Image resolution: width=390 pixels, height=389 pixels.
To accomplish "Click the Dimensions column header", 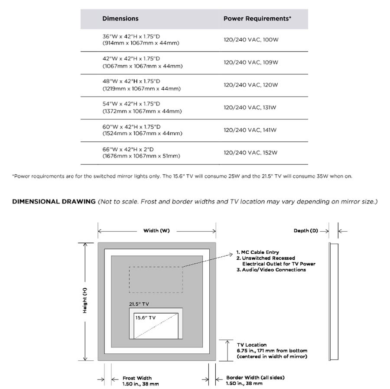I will click(x=120, y=19).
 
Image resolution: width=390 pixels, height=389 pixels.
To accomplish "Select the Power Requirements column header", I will click(x=257, y=19).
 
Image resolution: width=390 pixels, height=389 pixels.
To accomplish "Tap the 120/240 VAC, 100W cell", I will click(x=250, y=39).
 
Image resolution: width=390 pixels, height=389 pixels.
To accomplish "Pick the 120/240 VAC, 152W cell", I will click(x=250, y=153).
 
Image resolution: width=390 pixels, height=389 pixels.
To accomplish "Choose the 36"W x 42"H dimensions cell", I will click(x=140, y=40).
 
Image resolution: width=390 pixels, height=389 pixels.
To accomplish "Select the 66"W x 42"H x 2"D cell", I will click(x=141, y=153).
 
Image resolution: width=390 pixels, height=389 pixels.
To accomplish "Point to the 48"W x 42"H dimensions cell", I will click(x=141, y=85).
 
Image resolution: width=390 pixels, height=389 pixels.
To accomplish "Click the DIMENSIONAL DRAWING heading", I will click(x=53, y=202).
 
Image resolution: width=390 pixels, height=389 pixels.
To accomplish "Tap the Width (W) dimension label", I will click(x=156, y=230).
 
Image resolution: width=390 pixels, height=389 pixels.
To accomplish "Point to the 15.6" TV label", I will click(x=144, y=317).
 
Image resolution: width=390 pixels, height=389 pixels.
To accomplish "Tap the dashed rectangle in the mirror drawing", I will click(x=156, y=281).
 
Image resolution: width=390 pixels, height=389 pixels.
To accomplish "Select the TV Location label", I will click(x=252, y=345).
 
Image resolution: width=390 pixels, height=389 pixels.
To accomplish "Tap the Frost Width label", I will click(x=137, y=378).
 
